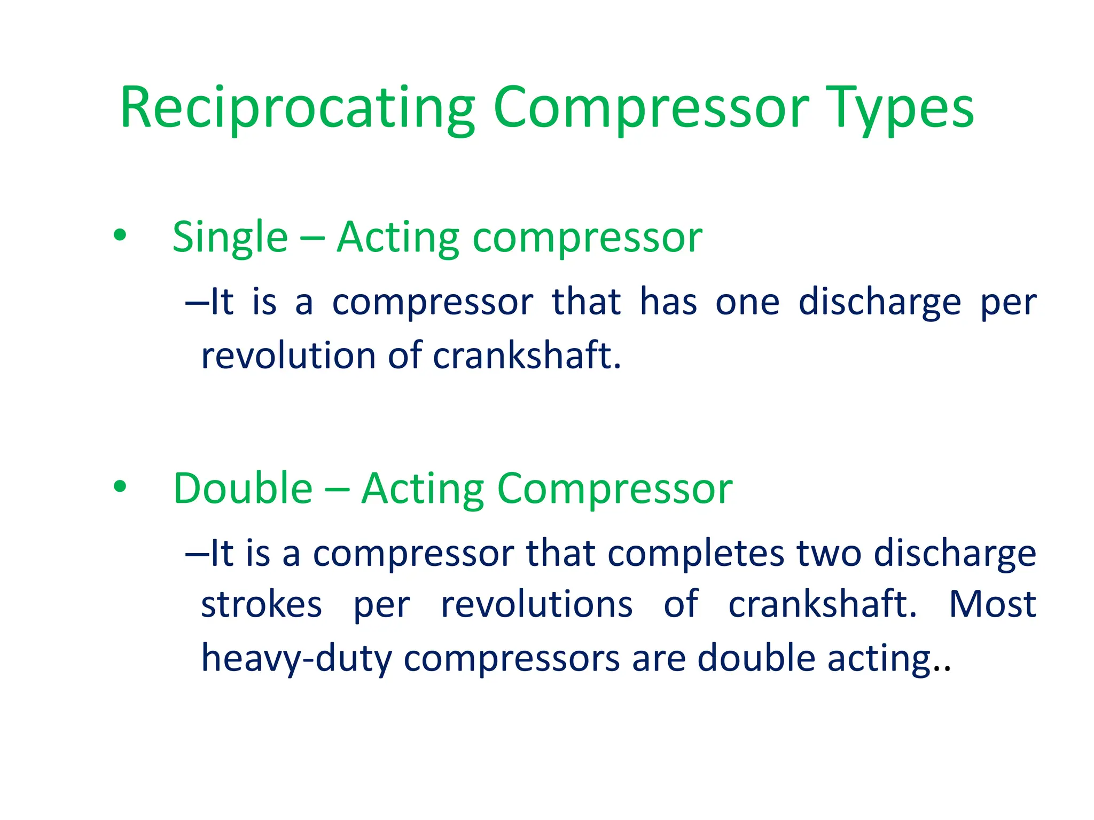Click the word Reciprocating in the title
coord(297,109)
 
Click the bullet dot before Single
coord(120,235)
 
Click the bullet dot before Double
coord(120,486)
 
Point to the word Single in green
coord(230,238)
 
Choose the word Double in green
coord(243,488)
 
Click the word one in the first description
coord(747,303)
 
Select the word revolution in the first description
coord(288,356)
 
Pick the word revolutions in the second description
coord(536,604)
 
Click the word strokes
coord(261,604)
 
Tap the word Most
coord(992,604)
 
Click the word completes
coord(696,554)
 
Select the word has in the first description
coord(668,303)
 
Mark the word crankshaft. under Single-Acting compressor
coord(527,356)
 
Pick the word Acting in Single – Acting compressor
coord(398,238)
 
